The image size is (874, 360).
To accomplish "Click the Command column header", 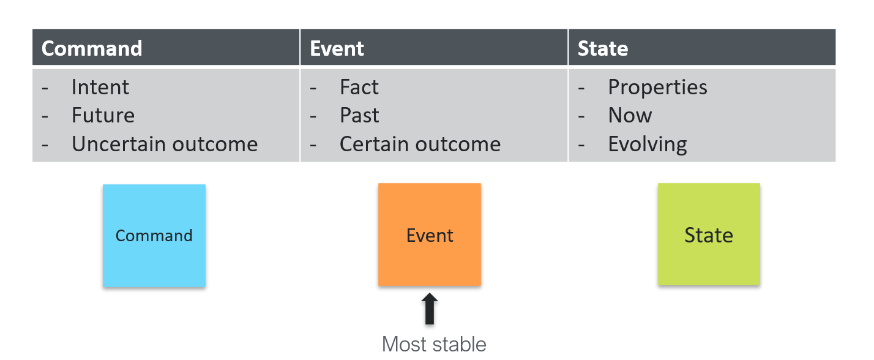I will (92, 48).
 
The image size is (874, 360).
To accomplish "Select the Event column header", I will (337, 48).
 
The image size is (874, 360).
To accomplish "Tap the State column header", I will (603, 48).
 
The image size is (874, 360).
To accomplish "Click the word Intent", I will (100, 88).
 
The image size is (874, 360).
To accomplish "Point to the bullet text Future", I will (103, 116).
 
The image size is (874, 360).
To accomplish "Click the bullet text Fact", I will (359, 88).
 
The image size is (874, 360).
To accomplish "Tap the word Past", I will (359, 116).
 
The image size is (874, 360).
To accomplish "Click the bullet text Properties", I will (657, 88).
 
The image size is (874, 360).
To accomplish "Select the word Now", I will (630, 116).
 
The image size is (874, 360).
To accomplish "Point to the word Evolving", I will (648, 144).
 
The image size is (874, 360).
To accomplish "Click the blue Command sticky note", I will (154, 236).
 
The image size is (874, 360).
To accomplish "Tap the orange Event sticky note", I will (430, 235).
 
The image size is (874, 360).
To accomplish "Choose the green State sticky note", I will (709, 234).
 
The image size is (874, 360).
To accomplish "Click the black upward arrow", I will (430, 309).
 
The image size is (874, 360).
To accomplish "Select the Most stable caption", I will (434, 344).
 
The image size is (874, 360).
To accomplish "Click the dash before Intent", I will (45, 88).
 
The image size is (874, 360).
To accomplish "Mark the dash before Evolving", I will (582, 145).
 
